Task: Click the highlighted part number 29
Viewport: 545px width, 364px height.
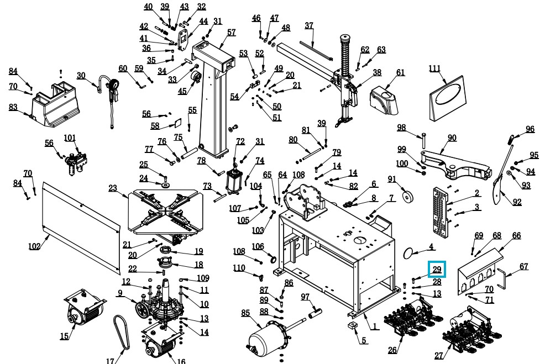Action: tap(437, 270)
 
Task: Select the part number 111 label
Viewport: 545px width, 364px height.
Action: tap(435, 68)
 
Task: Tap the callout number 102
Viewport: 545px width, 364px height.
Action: tap(34, 246)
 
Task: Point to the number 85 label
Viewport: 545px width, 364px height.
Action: tap(245, 313)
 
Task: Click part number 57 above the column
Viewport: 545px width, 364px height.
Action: tap(231, 33)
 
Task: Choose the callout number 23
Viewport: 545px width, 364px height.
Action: tap(113, 188)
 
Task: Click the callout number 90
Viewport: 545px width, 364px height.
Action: tap(452, 138)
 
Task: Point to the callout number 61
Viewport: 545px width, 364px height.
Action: tap(400, 72)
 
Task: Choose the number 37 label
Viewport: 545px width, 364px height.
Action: tap(309, 26)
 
